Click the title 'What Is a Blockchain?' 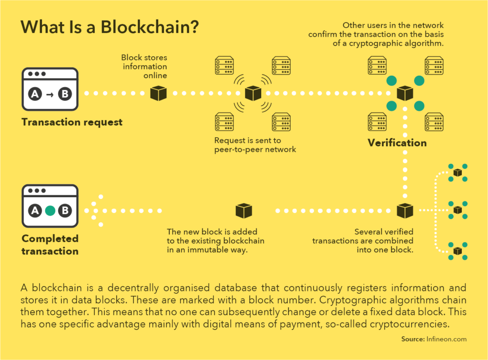(110, 28)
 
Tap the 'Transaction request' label (72, 122)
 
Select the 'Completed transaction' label (50, 245)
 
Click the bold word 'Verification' (397, 142)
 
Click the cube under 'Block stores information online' (158, 93)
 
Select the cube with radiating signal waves (253, 93)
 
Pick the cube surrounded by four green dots (405, 93)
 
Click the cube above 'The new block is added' (244, 210)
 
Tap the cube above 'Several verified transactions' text (405, 210)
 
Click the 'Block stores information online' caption (144, 67)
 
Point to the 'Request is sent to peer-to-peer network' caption (255, 145)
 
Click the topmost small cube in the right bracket (457, 172)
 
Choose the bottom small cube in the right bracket (457, 250)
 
